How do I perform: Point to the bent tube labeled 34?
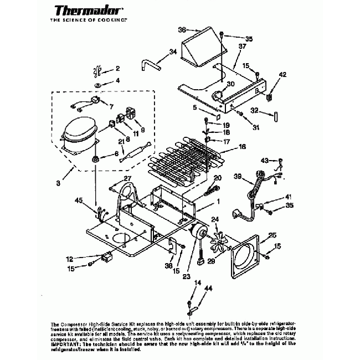coord(149,64)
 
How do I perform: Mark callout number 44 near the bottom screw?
coord(208,289)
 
